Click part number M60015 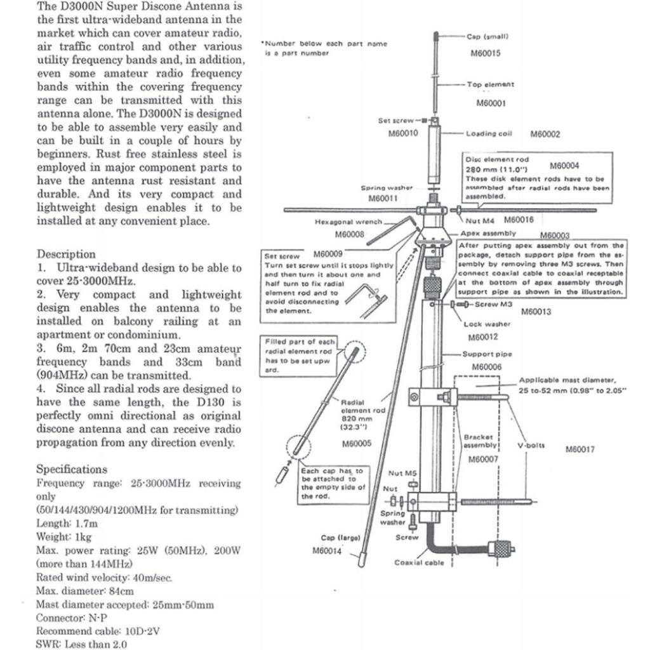click(x=485, y=53)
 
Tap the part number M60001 click(x=490, y=103)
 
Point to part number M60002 click(x=545, y=134)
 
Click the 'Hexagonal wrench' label click(x=349, y=222)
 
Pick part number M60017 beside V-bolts click(x=580, y=449)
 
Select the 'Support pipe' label click(x=487, y=354)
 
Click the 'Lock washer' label click(x=487, y=324)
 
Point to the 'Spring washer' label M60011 click(x=387, y=189)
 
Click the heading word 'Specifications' click(x=71, y=469)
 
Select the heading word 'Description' click(x=66, y=254)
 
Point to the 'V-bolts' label click(x=531, y=446)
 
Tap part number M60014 click(x=327, y=550)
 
